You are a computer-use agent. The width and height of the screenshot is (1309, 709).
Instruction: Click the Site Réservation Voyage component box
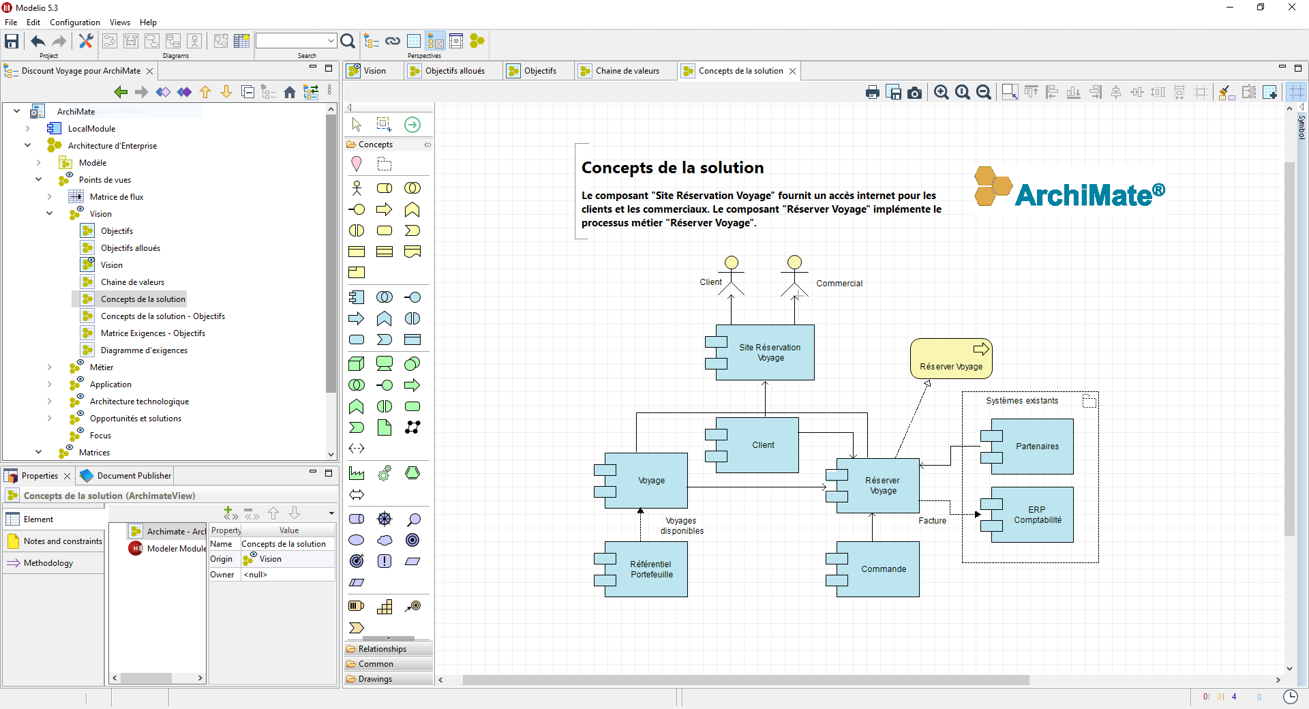(770, 352)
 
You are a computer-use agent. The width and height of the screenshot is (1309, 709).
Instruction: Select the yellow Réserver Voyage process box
(951, 359)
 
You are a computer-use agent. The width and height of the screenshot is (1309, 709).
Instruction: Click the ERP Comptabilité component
(1037, 515)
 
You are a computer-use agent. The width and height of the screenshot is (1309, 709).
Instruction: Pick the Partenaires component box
(1037, 447)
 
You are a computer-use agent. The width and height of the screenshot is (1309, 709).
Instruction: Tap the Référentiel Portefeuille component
(651, 569)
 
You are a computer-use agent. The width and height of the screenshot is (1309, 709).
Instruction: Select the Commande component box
(883, 569)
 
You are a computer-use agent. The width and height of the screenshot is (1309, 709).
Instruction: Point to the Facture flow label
(932, 521)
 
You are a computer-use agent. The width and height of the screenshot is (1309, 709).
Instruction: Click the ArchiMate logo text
(1089, 196)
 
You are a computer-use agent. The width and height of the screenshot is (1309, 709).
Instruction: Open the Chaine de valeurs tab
(627, 71)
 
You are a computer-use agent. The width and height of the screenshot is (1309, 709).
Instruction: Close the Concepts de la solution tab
(792, 71)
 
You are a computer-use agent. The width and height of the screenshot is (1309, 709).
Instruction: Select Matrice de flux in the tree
(117, 197)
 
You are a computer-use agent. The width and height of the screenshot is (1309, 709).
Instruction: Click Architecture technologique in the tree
(139, 402)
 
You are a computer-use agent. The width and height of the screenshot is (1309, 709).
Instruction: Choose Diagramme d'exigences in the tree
(144, 350)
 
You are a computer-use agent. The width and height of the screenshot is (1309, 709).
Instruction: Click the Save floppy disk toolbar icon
(12, 42)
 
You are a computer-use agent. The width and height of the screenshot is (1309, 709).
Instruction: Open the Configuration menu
(74, 22)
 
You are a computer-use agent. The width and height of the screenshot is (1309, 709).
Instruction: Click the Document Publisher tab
(134, 476)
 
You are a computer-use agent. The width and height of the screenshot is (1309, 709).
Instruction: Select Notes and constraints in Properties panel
(62, 541)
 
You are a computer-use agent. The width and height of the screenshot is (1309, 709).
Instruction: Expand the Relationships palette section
(382, 649)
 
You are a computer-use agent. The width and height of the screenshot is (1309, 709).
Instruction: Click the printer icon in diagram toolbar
(872, 93)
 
